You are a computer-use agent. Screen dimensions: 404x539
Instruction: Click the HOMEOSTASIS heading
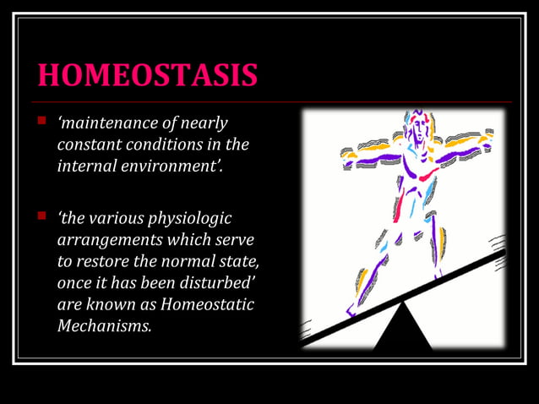pos(148,75)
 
